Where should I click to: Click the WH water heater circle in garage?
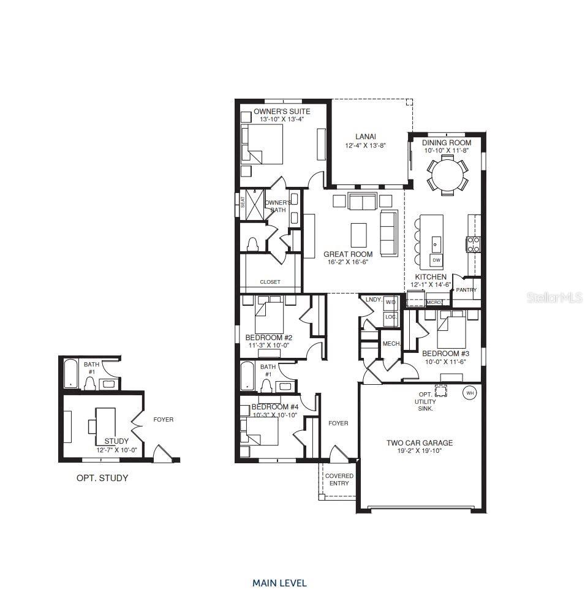tap(470, 393)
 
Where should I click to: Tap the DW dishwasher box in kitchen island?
tap(436, 260)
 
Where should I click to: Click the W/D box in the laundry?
tap(391, 303)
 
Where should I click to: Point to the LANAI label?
tap(365, 137)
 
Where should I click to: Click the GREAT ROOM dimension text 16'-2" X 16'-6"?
tap(347, 262)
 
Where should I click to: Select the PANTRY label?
tap(466, 290)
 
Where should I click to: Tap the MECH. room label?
tap(391, 344)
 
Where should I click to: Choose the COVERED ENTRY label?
tap(339, 480)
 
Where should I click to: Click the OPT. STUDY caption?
tap(102, 478)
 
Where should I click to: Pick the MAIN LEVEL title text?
tap(279, 583)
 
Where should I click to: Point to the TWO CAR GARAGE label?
tap(419, 443)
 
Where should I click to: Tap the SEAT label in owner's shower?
tap(243, 202)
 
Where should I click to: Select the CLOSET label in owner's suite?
tap(270, 282)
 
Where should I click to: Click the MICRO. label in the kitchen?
tap(434, 302)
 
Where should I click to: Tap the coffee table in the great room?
tap(359, 234)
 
